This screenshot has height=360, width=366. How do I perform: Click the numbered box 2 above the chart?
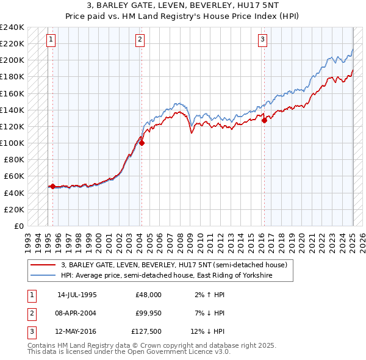(x=140, y=40)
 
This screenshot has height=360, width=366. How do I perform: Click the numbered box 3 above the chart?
(x=262, y=40)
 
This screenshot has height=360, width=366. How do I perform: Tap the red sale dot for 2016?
(x=265, y=121)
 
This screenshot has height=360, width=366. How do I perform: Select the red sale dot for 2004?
(x=142, y=143)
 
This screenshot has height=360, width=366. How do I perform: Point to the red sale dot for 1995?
(x=52, y=186)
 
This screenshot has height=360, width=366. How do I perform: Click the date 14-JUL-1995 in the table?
(x=77, y=295)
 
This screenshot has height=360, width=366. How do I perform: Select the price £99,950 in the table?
(x=148, y=313)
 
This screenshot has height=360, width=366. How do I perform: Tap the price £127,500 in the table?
(x=147, y=332)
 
